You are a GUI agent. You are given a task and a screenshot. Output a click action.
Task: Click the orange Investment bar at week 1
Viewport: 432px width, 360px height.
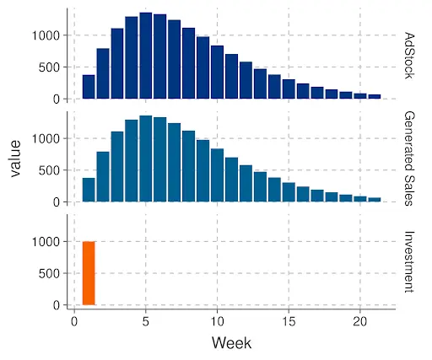pos(89,273)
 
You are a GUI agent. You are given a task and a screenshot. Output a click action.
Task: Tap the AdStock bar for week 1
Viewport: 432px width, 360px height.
pos(89,87)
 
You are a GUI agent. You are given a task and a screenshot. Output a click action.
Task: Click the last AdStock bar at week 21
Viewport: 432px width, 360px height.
pos(375,96)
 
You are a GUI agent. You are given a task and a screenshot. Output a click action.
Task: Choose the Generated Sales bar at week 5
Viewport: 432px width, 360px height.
pos(146,159)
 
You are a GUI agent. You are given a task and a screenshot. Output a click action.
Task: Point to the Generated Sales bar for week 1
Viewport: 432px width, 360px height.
pos(89,190)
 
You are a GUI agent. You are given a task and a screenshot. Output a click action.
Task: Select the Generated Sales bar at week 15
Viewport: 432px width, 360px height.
pos(289,192)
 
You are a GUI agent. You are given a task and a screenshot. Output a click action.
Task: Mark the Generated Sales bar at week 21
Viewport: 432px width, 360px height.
pos(375,199)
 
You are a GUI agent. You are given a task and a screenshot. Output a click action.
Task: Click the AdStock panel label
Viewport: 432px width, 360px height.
pos(410,54)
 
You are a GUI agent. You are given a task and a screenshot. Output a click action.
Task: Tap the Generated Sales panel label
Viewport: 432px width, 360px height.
pos(410,157)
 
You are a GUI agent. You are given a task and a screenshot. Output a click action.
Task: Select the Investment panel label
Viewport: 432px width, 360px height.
pos(410,261)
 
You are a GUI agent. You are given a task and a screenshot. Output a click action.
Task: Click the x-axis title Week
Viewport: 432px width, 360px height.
pos(231,343)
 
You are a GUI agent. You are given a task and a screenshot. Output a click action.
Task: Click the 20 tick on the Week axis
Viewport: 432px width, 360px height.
pos(360,321)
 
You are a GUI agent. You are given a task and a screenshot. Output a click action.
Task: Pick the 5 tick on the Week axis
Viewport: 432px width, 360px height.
pos(146,321)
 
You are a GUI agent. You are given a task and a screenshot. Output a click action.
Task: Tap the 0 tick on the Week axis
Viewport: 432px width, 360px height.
pos(74,321)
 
